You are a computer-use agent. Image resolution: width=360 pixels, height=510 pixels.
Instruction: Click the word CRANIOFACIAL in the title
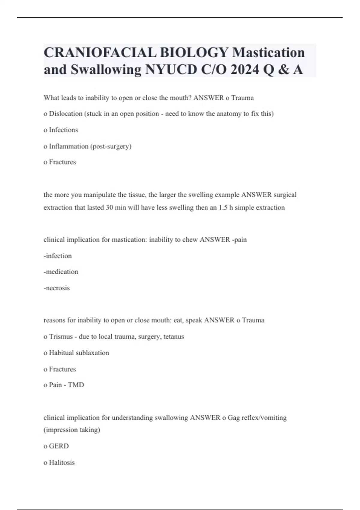(x=100, y=52)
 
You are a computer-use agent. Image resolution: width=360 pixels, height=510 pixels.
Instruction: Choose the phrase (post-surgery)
(x=111, y=146)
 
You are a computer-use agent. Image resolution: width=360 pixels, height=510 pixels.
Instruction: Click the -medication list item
(x=61, y=272)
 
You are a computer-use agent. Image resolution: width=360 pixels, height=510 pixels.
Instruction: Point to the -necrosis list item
(x=57, y=288)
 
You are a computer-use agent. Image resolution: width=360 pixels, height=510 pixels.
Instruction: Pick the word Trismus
(x=61, y=337)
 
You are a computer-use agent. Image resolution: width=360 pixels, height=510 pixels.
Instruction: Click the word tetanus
(x=174, y=337)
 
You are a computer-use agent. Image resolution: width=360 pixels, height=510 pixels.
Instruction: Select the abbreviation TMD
(x=76, y=385)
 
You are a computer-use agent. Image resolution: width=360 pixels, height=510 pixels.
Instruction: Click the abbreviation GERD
(x=59, y=446)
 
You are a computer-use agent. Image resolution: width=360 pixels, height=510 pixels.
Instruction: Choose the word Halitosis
(x=62, y=462)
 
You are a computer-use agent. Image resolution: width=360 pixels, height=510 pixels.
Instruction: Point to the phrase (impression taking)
(x=72, y=430)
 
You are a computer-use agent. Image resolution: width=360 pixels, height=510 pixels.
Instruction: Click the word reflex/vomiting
(x=264, y=418)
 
